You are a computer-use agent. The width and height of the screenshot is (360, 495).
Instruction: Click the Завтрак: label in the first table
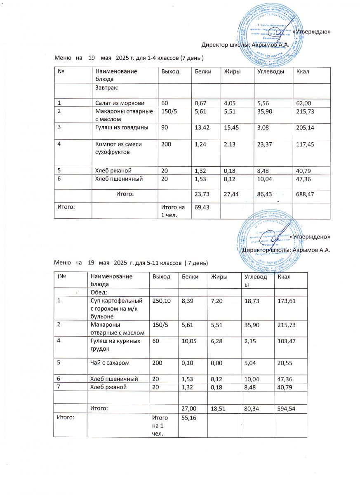pyautogui.click(x=108, y=87)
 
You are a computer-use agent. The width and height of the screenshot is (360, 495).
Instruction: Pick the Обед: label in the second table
pyautogui.click(x=99, y=292)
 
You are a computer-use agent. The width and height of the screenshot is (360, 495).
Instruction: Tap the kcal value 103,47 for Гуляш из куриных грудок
pyautogui.click(x=287, y=341)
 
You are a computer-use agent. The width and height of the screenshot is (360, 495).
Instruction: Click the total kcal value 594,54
pyautogui.click(x=287, y=408)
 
